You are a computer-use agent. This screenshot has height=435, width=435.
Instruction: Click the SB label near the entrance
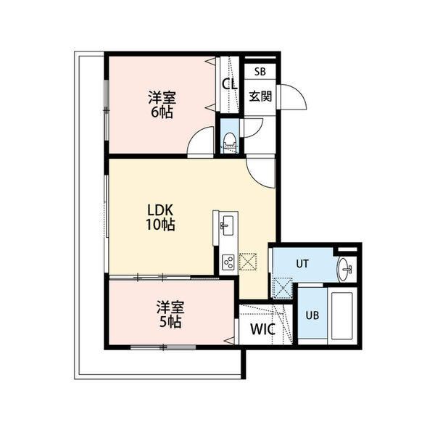tap(260, 72)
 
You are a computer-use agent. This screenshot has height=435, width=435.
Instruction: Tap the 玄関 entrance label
tap(260, 96)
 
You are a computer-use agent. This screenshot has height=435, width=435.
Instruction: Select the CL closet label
tap(230, 84)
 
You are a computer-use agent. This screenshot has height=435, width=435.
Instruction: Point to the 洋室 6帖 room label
tap(162, 104)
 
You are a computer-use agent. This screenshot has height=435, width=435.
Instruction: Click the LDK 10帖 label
tap(160, 217)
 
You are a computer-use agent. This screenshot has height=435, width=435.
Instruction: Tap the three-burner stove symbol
tap(229, 262)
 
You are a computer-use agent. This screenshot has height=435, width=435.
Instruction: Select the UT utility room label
tap(302, 264)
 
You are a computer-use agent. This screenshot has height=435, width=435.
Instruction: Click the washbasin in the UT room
tap(344, 269)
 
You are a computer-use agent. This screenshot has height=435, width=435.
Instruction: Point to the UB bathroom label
tap(312, 315)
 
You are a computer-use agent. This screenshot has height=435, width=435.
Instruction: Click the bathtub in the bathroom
tap(341, 315)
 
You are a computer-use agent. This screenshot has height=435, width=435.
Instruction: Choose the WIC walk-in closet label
tap(262, 329)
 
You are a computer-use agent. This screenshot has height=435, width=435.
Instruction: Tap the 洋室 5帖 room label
tap(170, 314)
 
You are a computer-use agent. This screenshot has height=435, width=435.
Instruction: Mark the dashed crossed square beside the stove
tap(247, 262)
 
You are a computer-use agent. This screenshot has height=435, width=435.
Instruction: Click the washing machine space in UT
tap(283, 288)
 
